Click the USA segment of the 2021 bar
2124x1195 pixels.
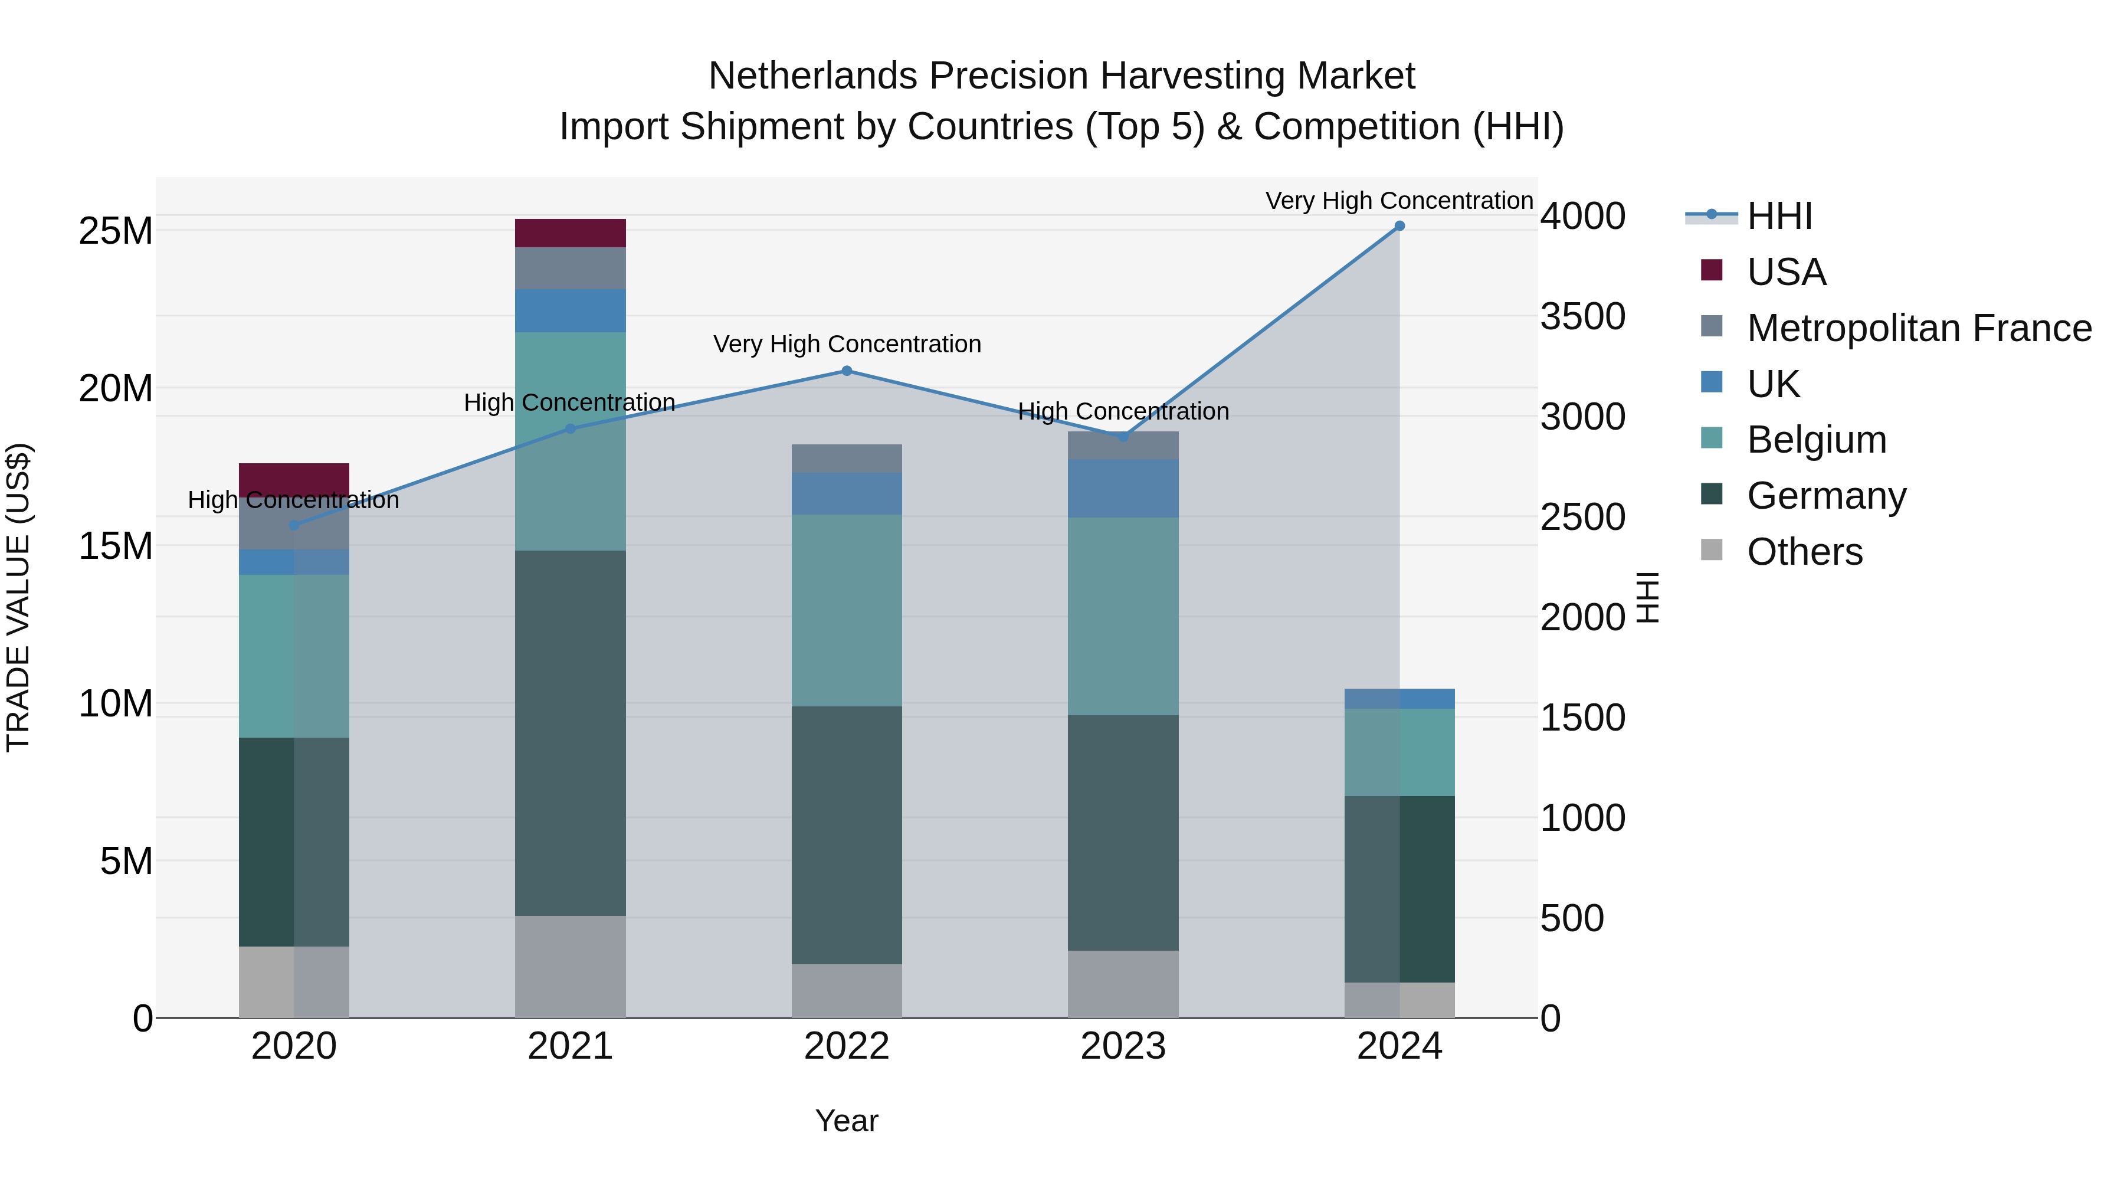(570, 233)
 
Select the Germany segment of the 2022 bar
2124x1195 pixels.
(847, 834)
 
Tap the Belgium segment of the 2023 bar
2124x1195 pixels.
(1123, 616)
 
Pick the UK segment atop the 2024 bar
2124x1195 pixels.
(1399, 699)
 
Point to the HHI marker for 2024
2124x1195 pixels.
(1399, 226)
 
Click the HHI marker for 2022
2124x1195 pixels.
(847, 371)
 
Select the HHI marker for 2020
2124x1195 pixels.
(294, 525)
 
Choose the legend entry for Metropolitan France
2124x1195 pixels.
(1919, 328)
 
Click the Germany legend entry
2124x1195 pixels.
(1826, 496)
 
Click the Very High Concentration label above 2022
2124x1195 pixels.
(847, 344)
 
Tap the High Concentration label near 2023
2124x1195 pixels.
(1123, 411)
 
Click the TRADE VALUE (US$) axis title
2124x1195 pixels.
(18, 598)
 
